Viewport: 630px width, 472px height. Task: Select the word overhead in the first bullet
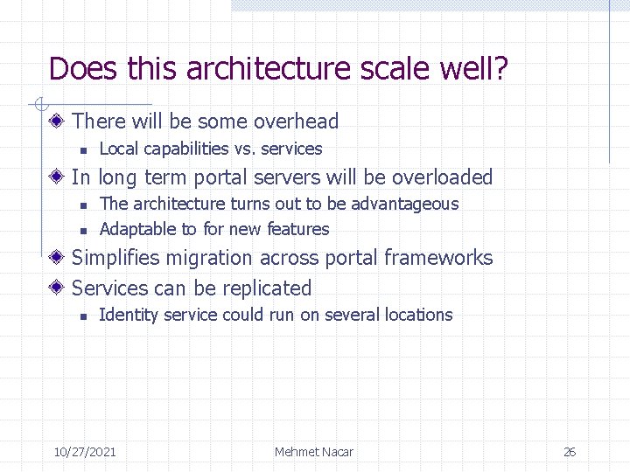point(297,121)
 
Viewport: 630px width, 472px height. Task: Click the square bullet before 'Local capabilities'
point(81,149)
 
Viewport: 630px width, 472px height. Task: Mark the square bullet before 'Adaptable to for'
point(81,230)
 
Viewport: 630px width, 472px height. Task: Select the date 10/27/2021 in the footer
point(85,452)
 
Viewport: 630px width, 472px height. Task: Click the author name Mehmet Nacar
point(313,452)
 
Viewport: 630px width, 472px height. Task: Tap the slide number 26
point(569,452)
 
